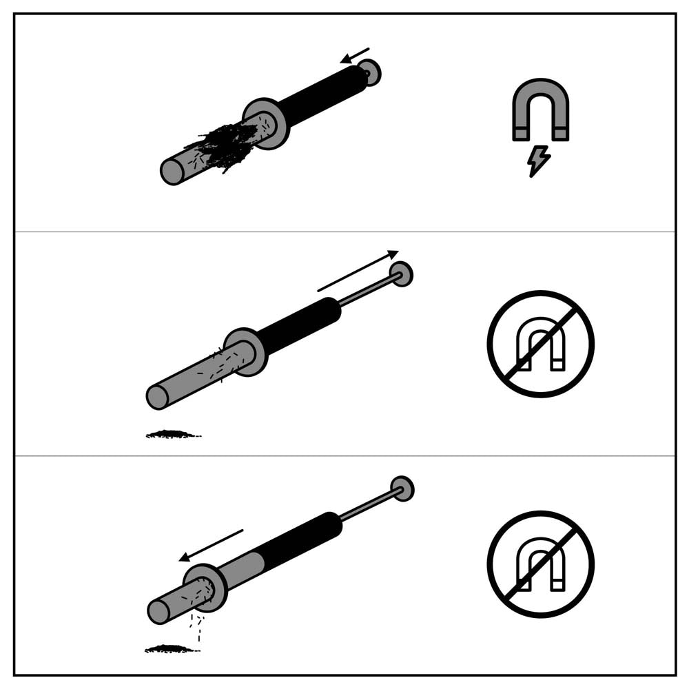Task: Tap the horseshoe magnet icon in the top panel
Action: [x=541, y=103]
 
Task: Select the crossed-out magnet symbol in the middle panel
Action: [x=541, y=344]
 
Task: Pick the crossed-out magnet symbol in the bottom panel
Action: [x=541, y=564]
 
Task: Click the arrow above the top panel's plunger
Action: [x=355, y=55]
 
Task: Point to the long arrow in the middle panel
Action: [x=358, y=271]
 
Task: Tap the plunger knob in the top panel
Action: [x=370, y=72]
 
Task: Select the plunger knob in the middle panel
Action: [x=401, y=274]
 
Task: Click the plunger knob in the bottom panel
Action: [x=402, y=489]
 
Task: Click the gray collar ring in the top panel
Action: [x=266, y=123]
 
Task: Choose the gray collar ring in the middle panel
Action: [x=245, y=351]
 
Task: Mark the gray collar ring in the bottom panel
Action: [x=205, y=588]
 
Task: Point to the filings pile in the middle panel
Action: [x=172, y=434]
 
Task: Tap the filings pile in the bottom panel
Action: [x=171, y=648]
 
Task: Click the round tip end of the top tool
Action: [x=172, y=172]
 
